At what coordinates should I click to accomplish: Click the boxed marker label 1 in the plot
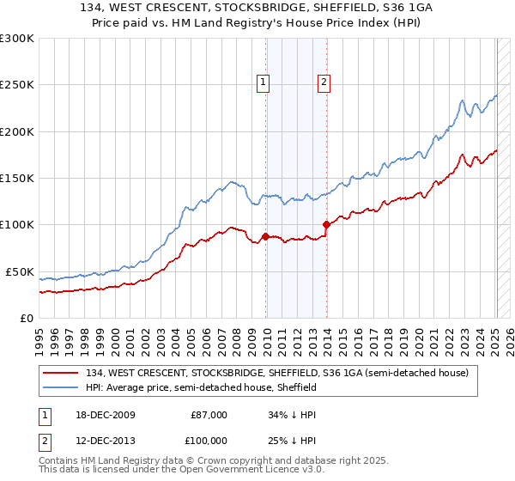263,82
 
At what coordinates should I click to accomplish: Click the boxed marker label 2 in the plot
324,82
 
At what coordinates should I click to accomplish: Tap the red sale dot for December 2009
266,236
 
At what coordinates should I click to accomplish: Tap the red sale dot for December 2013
326,225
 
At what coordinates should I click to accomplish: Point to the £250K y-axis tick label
16,85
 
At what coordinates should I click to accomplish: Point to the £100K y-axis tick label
16,225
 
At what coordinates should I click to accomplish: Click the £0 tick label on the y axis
25,318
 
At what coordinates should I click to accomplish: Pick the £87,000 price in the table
209,415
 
